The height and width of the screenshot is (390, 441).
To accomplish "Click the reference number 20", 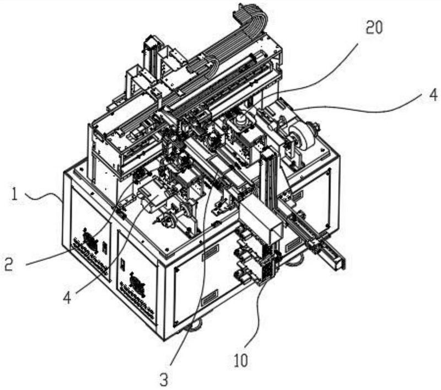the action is point(374,28).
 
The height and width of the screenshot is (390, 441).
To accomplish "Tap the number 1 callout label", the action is point(14,195).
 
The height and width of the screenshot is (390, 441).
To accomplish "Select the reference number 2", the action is point(9,264).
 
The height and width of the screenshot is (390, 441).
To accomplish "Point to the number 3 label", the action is point(164,380).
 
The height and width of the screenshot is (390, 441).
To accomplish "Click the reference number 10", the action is point(241,360).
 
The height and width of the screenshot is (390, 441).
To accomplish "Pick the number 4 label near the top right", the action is point(434,94).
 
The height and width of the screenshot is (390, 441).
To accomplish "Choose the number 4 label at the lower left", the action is point(67,298).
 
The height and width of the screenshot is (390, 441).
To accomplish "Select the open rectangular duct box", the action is point(260,217).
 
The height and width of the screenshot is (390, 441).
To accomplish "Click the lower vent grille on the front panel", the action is point(210,298).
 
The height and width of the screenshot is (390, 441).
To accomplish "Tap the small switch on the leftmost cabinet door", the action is point(104,248).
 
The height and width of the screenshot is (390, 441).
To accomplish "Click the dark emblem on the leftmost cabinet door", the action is point(90,240).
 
